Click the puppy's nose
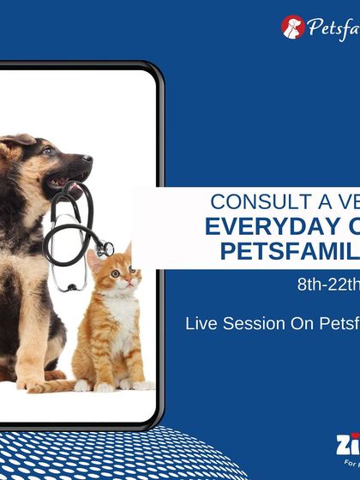point(87,160)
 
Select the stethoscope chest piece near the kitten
point(105,249)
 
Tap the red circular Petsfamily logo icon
point(293,27)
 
